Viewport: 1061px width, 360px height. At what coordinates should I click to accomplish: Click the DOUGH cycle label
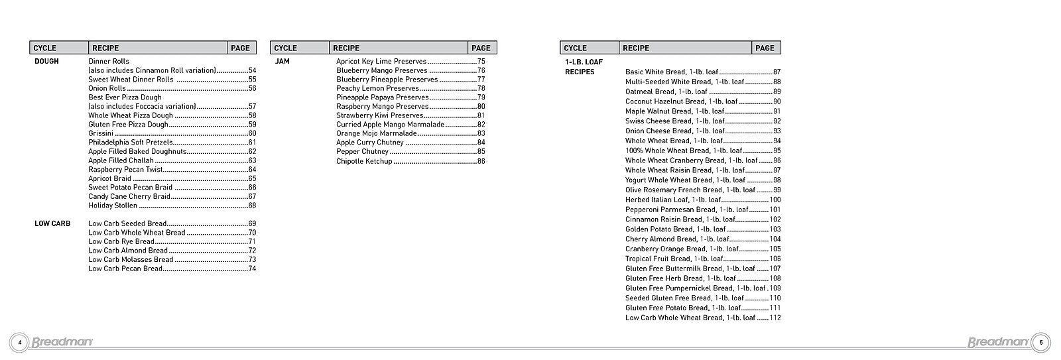pyautogui.click(x=46, y=61)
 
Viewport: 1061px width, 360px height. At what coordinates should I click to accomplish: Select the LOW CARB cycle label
pyautogui.click(x=52, y=223)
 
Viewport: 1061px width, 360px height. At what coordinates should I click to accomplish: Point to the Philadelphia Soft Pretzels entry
pyautogui.click(x=131, y=142)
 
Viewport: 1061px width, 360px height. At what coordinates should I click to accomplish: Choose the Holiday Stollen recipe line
pyautogui.click(x=113, y=206)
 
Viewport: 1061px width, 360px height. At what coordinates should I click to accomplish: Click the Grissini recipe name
pyautogui.click(x=101, y=133)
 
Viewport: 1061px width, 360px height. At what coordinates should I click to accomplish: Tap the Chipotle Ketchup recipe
pyautogui.click(x=364, y=161)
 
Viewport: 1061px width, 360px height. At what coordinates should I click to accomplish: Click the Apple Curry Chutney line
pyautogui.click(x=370, y=143)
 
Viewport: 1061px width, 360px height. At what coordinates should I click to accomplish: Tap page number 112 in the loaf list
pyautogui.click(x=775, y=318)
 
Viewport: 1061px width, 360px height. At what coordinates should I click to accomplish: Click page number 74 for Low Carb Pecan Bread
pyautogui.click(x=252, y=269)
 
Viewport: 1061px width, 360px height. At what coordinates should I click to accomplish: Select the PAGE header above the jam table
pyautogui.click(x=481, y=48)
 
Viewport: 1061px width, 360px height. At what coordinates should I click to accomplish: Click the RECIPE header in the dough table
pyautogui.click(x=105, y=48)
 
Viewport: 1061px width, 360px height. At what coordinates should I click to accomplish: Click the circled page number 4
pyautogui.click(x=19, y=342)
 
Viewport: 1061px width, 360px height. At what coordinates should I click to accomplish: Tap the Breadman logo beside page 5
pyautogui.click(x=998, y=342)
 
